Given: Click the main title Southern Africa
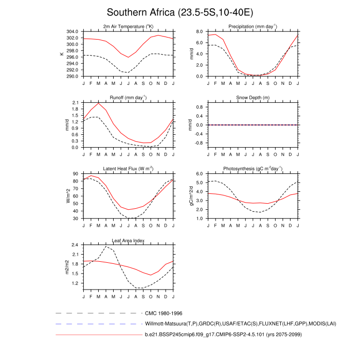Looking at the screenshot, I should coord(179,12).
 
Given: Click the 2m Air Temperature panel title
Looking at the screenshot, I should coord(129,26).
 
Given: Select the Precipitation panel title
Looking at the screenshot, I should coord(252,26).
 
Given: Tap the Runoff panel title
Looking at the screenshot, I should coord(129,97).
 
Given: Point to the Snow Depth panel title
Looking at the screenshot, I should coord(252,98).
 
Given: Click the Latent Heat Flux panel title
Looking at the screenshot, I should coord(129,169).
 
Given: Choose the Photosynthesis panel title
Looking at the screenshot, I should coord(252,169).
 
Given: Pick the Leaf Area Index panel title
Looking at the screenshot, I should coord(129,240).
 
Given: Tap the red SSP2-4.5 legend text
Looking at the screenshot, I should coord(222,335).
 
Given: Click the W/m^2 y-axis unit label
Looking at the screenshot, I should coord(66,196).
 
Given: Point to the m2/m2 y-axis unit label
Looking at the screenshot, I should coord(66,267).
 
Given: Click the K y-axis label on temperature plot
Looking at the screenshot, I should coord(62,53).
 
